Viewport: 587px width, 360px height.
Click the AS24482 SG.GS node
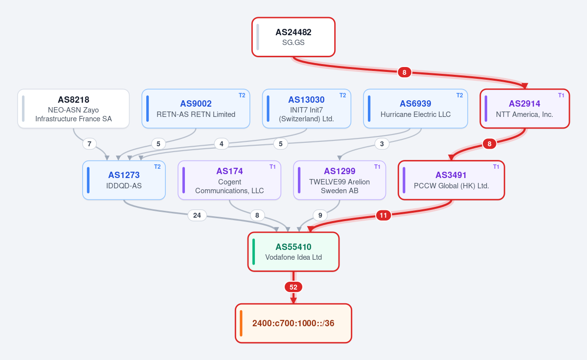(293, 37)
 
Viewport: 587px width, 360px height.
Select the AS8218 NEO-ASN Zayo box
(73, 109)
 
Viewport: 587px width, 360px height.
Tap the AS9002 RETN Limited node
(196, 109)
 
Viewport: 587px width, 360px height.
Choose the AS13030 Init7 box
(307, 109)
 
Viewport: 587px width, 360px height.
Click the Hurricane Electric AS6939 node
(416, 109)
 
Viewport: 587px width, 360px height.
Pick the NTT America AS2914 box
(524, 109)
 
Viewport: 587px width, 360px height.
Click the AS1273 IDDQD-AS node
(124, 180)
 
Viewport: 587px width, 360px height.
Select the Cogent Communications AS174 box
(229, 180)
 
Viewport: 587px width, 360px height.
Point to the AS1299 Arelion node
(339, 180)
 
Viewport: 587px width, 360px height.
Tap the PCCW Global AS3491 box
(451, 180)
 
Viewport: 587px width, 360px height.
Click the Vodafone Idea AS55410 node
(293, 252)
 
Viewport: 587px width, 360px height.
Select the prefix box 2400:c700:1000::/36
(293, 323)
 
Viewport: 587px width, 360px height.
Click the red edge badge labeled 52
(293, 287)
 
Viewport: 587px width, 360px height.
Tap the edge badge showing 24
(197, 215)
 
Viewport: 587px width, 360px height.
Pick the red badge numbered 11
(384, 215)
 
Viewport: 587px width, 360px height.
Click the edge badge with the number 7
(90, 144)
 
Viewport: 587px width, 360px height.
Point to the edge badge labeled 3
(382, 144)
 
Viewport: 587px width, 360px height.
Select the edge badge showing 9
(320, 215)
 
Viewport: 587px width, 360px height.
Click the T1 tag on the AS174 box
(272, 167)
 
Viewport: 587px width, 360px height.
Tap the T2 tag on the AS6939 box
(459, 95)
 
